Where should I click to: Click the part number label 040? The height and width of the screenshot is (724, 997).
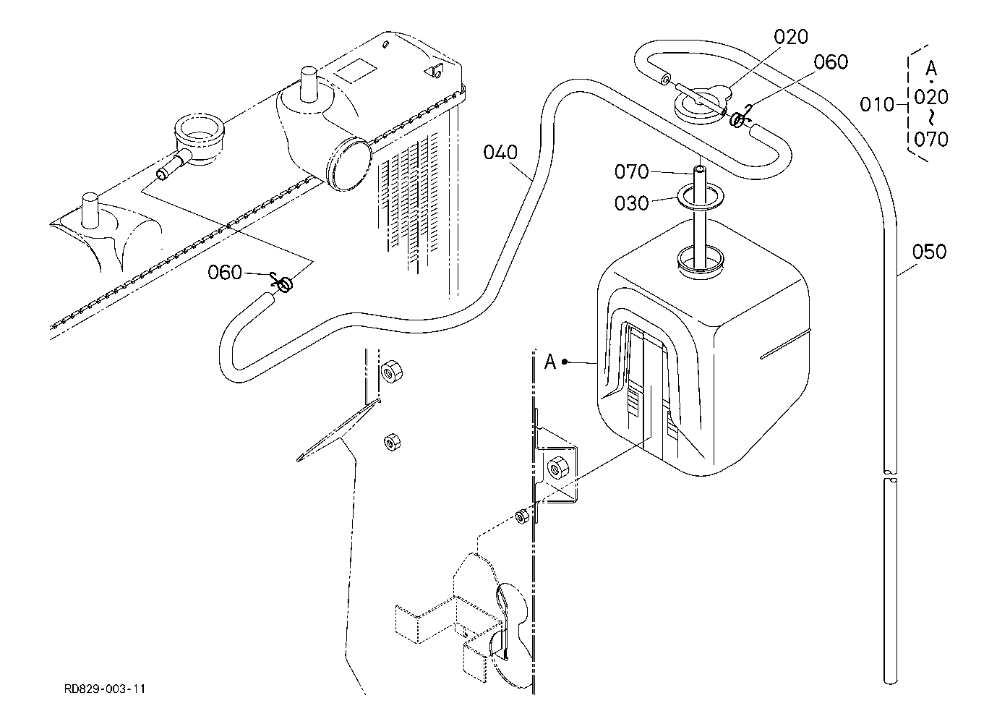[500, 153]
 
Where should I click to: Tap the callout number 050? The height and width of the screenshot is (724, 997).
[929, 252]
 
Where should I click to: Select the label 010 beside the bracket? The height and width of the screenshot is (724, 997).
[877, 105]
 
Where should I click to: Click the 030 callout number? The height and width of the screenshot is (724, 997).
[631, 203]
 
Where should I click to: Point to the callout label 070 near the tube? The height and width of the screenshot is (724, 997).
[631, 171]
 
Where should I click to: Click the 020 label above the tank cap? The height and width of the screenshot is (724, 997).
[791, 37]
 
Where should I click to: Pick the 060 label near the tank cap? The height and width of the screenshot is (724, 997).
[831, 62]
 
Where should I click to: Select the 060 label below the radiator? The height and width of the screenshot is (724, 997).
[225, 273]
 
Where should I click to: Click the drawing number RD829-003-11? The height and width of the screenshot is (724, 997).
[105, 689]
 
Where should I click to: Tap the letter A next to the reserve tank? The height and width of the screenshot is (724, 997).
[550, 362]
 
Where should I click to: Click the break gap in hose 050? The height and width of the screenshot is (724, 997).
[890, 475]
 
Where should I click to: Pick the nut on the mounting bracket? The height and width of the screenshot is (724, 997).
[557, 469]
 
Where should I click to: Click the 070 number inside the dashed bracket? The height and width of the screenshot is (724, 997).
[931, 140]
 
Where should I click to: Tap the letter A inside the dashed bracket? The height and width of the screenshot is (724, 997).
[931, 69]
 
